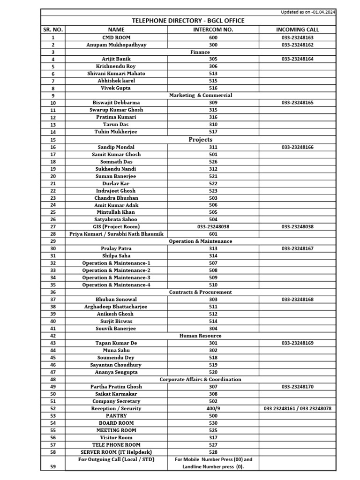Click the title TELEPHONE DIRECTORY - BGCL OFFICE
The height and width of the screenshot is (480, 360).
(x=188, y=21)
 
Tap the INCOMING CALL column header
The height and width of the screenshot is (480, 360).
(x=297, y=30)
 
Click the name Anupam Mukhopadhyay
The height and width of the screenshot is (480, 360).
(x=116, y=45)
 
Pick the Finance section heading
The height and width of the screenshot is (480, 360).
(x=200, y=52)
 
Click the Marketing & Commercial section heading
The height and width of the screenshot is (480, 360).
(x=200, y=95)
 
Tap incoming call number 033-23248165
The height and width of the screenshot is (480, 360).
(x=298, y=103)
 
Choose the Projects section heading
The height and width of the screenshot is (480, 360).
(x=200, y=139)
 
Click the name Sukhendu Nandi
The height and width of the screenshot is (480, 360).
(x=116, y=169)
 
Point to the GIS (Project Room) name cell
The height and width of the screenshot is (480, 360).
(x=116, y=226)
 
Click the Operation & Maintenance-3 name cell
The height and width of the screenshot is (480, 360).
(x=116, y=277)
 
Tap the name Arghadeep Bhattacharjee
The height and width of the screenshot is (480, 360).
(x=116, y=307)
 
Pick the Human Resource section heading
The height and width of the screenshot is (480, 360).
(x=200, y=336)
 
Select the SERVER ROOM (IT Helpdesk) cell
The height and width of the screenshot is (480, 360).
(x=116, y=452)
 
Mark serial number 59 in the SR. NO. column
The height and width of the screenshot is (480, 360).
(x=53, y=466)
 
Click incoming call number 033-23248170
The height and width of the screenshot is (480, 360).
(x=298, y=387)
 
